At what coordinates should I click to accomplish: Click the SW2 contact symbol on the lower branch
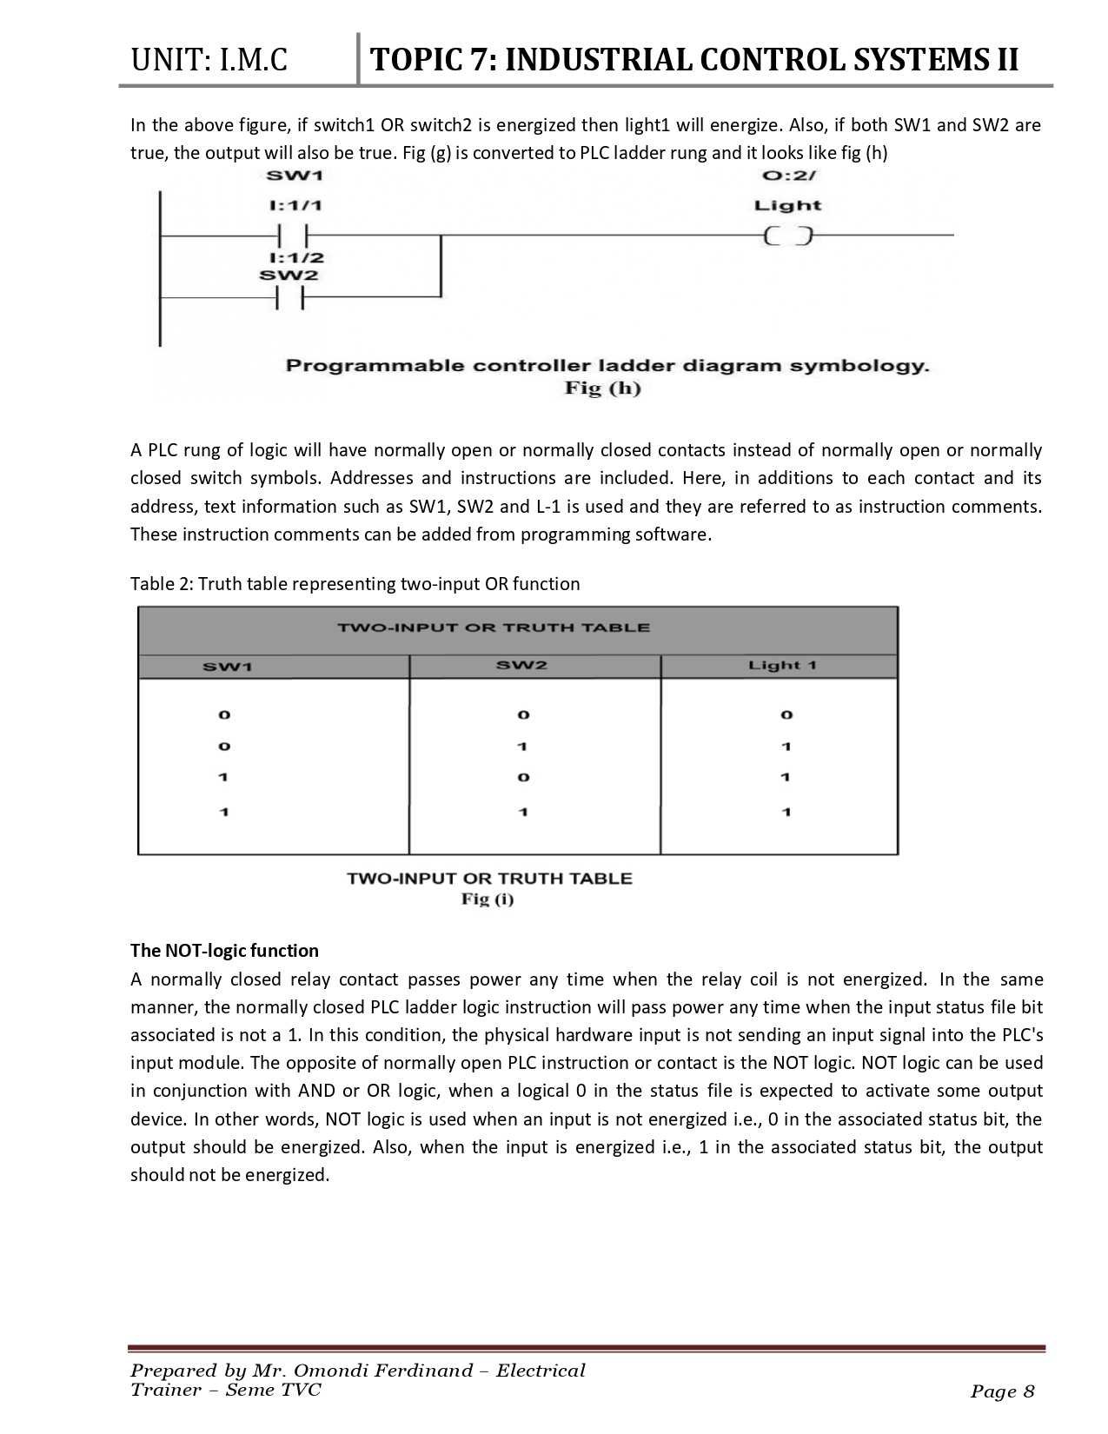[290, 298]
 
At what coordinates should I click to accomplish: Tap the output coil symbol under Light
[787, 236]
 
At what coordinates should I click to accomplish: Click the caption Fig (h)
[603, 388]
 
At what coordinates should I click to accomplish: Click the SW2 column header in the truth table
[521, 666]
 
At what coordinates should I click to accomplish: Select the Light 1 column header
[782, 666]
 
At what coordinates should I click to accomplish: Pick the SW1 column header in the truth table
[227, 667]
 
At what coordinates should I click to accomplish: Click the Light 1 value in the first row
[786, 714]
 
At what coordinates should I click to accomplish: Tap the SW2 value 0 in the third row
[523, 778]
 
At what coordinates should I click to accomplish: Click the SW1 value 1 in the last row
[224, 812]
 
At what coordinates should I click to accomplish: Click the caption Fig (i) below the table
[488, 900]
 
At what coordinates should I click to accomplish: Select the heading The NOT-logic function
[224, 950]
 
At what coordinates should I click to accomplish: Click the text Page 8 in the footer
[1002, 1392]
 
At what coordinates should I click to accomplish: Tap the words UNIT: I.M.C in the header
[209, 60]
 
